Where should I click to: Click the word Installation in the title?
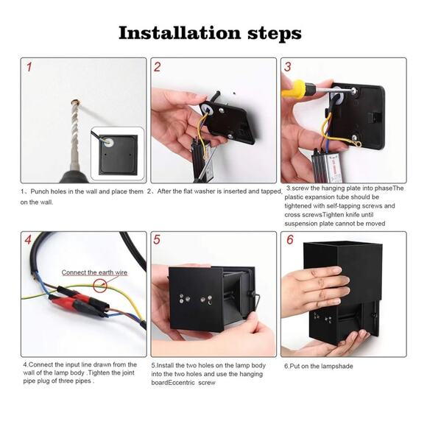point(180,33)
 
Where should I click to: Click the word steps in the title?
point(275,35)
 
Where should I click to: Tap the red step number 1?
point(29,67)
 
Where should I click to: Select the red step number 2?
point(158,67)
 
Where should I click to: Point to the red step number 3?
point(288,67)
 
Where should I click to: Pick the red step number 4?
point(28,240)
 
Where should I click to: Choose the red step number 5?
point(157,240)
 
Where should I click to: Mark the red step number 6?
point(290,240)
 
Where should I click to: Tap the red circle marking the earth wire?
point(100,286)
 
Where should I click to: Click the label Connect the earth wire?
point(94,272)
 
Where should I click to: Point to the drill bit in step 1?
point(74,133)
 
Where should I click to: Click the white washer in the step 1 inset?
point(110,142)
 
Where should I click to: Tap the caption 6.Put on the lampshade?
point(318,366)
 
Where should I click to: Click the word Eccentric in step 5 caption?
point(181,383)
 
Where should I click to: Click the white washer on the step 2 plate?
point(206,109)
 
